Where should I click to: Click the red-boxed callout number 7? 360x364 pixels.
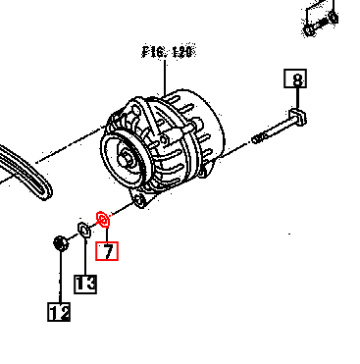tap(106, 251)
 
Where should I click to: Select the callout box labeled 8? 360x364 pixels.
tap(294, 79)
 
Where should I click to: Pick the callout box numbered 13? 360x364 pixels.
tap(85, 284)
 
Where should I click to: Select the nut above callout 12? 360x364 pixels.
tap(59, 241)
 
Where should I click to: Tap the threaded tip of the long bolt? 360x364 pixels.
tap(258, 137)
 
